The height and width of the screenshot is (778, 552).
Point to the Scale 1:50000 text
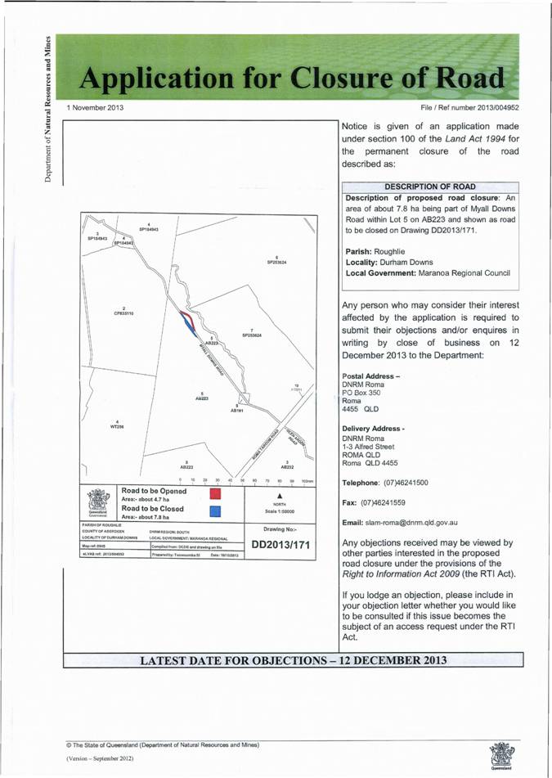(x=280, y=512)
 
